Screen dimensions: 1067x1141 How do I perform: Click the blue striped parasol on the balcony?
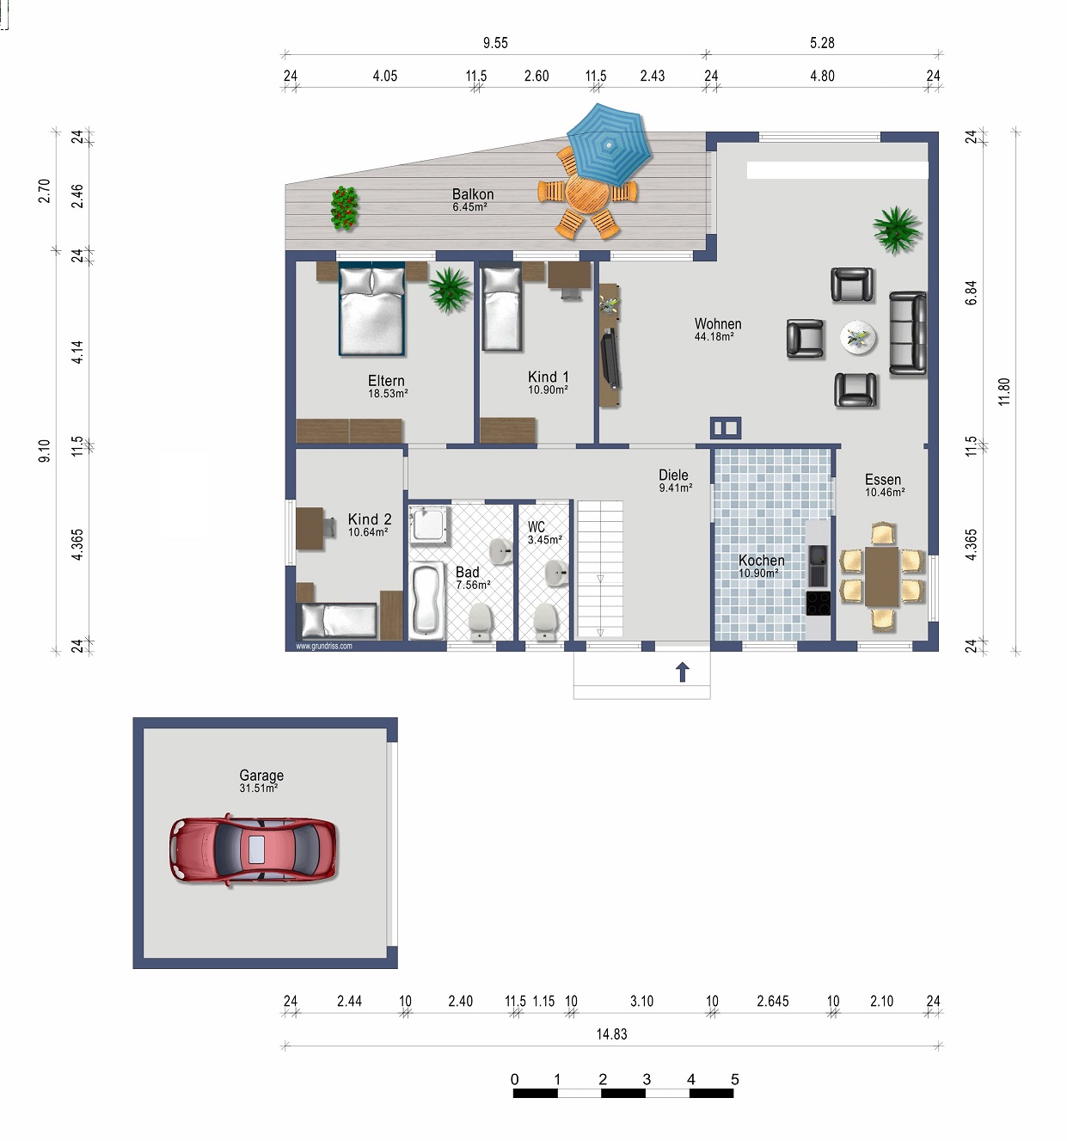click(x=609, y=144)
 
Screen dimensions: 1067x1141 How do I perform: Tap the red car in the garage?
click(x=253, y=850)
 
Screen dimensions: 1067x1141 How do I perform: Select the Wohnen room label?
click(x=718, y=324)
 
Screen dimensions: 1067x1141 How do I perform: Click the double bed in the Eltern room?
click(x=371, y=309)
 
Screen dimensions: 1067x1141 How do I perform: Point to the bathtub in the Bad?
click(x=427, y=600)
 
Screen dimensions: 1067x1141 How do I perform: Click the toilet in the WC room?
click(x=545, y=621)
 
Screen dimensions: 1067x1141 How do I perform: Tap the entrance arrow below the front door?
click(x=682, y=672)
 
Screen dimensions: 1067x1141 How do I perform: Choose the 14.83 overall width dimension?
click(x=611, y=1034)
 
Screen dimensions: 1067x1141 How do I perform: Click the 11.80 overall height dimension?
click(x=1003, y=392)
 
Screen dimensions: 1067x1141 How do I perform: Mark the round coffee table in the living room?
click(x=858, y=337)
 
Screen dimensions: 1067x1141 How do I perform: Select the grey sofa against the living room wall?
click(x=908, y=334)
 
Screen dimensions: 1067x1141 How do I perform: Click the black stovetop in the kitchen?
click(x=818, y=603)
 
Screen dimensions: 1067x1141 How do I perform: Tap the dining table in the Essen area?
click(x=881, y=576)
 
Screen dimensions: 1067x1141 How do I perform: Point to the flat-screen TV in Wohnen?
click(x=610, y=358)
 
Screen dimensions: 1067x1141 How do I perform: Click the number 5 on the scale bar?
click(x=734, y=1080)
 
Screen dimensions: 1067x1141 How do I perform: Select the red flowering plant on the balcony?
click(x=344, y=208)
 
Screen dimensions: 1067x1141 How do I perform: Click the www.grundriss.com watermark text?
click(x=324, y=646)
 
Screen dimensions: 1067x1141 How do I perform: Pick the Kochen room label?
click(x=761, y=560)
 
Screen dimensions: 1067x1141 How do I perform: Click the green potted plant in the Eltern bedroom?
click(x=450, y=289)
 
